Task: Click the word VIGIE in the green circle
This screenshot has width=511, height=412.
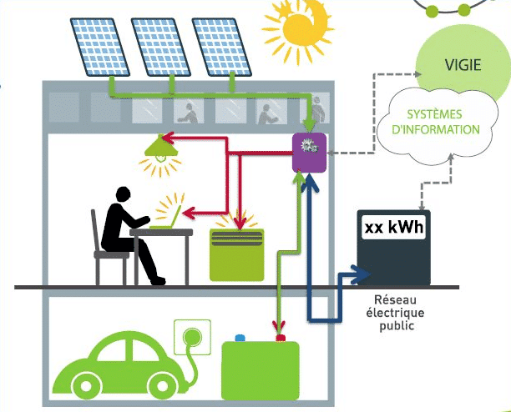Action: (x=463, y=65)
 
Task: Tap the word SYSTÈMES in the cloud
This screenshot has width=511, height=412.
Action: (x=434, y=114)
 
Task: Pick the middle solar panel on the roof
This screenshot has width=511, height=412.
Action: (x=160, y=47)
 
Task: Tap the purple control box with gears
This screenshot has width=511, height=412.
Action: (x=309, y=153)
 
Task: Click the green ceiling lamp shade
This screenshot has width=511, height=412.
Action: (x=161, y=147)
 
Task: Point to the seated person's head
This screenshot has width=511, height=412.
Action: (x=124, y=194)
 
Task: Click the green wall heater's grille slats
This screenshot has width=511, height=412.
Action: (x=237, y=239)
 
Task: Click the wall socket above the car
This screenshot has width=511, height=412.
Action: (x=192, y=337)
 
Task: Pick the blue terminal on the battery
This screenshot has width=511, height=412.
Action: (x=240, y=338)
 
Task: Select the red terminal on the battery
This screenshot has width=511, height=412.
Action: (x=281, y=338)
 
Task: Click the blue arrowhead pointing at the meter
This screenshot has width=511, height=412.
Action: (x=362, y=274)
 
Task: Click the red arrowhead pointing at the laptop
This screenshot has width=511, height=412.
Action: (x=189, y=214)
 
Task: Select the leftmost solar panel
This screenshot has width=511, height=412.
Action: (x=99, y=47)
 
